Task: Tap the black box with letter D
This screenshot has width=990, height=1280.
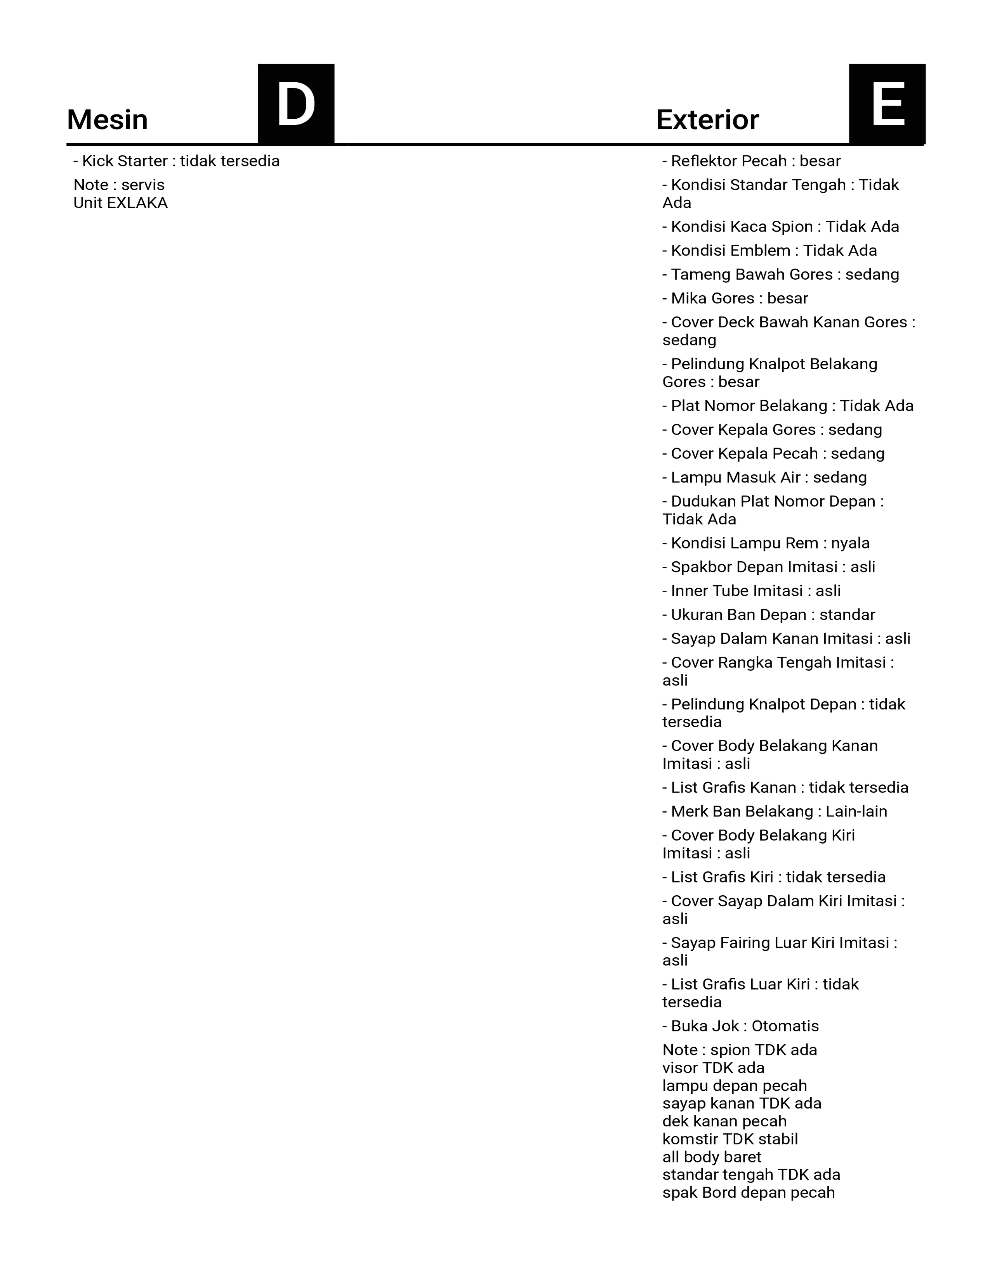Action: pyautogui.click(x=296, y=104)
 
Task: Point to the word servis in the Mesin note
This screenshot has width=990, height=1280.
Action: pyautogui.click(x=143, y=185)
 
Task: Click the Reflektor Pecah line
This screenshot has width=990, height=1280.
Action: pyautogui.click(x=751, y=161)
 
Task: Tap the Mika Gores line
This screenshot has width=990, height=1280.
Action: pyautogui.click(x=735, y=298)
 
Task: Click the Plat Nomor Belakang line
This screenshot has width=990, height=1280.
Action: pyautogui.click(x=788, y=406)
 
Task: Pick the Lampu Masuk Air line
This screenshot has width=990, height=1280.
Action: pyautogui.click(x=764, y=477)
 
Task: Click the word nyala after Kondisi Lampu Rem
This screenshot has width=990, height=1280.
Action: pyautogui.click(x=850, y=543)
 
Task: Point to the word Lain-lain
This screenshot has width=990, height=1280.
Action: pyautogui.click(x=856, y=812)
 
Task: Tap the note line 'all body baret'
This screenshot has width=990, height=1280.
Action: pyautogui.click(x=711, y=1157)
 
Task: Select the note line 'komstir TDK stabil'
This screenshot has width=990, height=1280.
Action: pyautogui.click(x=730, y=1139)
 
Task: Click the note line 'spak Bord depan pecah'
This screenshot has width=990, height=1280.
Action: pyautogui.click(x=749, y=1193)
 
